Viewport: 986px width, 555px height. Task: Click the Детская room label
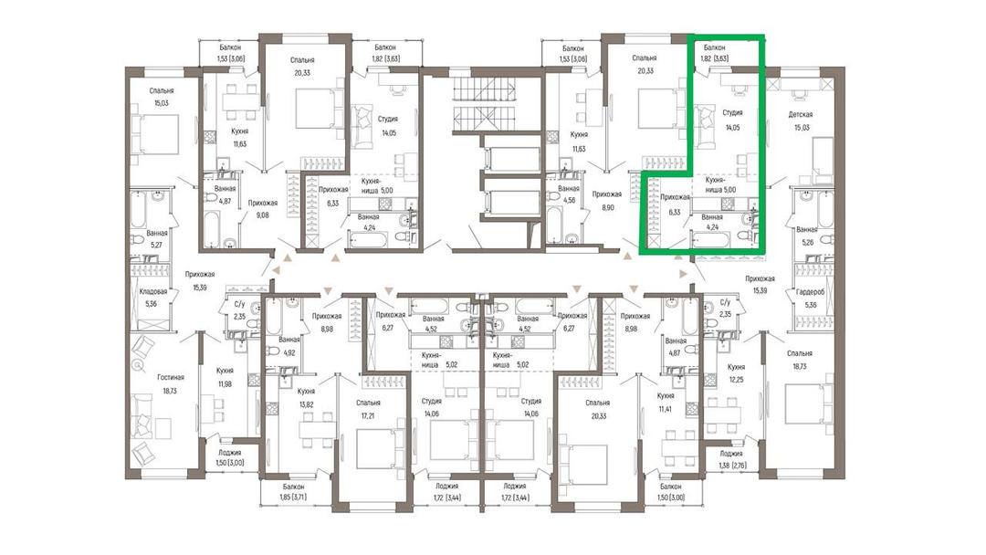pyautogui.click(x=801, y=114)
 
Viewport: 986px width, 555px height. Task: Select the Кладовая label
pyautogui.click(x=153, y=291)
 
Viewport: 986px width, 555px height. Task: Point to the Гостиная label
pyautogui.click(x=171, y=377)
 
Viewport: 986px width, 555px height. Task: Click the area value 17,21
pyautogui.click(x=368, y=415)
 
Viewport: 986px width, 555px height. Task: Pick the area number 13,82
pyautogui.click(x=306, y=404)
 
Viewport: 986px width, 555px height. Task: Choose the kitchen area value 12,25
pyautogui.click(x=737, y=379)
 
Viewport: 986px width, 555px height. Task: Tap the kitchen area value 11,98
pyautogui.click(x=225, y=383)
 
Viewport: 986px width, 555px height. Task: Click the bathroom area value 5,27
pyautogui.click(x=157, y=246)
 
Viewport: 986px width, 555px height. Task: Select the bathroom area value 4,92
pyautogui.click(x=289, y=352)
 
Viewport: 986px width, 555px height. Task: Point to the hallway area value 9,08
pyautogui.click(x=262, y=215)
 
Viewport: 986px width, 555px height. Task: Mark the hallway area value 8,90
pyautogui.click(x=607, y=207)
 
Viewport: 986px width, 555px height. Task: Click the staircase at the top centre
pyautogui.click(x=483, y=103)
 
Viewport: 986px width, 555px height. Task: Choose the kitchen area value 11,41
pyautogui.click(x=666, y=409)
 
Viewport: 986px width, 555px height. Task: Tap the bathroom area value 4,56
pyautogui.click(x=569, y=201)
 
